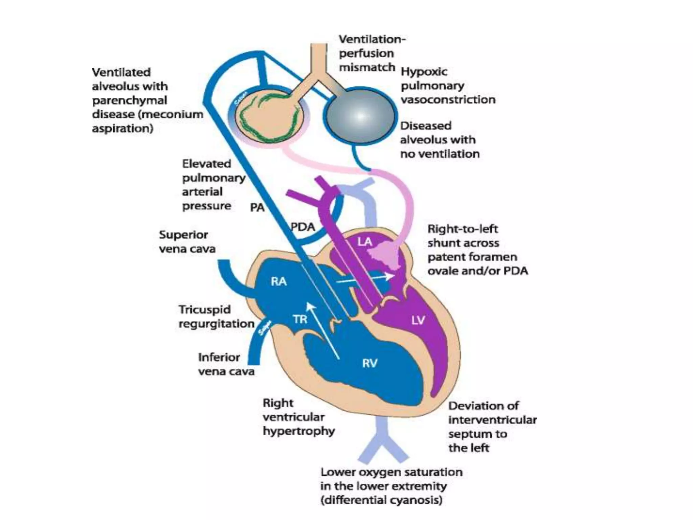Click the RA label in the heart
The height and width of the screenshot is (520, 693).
click(278, 281)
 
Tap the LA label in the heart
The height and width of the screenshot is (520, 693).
click(365, 242)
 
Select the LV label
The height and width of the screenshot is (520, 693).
click(418, 320)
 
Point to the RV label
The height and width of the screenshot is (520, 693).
click(370, 364)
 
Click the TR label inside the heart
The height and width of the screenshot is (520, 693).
click(300, 319)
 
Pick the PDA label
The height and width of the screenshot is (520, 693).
click(303, 227)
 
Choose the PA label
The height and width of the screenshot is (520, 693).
click(257, 207)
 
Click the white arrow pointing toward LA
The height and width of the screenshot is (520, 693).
click(365, 278)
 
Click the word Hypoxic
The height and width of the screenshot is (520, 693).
click(424, 72)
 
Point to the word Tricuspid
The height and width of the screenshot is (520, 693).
click(205, 310)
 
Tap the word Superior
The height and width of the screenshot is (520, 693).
click(183, 235)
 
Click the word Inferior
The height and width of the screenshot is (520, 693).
click(219, 357)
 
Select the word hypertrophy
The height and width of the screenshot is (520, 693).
click(299, 431)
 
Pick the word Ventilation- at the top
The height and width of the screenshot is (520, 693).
click(372, 39)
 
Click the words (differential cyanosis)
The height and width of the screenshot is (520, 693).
click(381, 500)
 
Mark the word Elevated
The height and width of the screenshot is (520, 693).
click(206, 164)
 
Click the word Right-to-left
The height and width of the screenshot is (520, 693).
click(463, 229)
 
